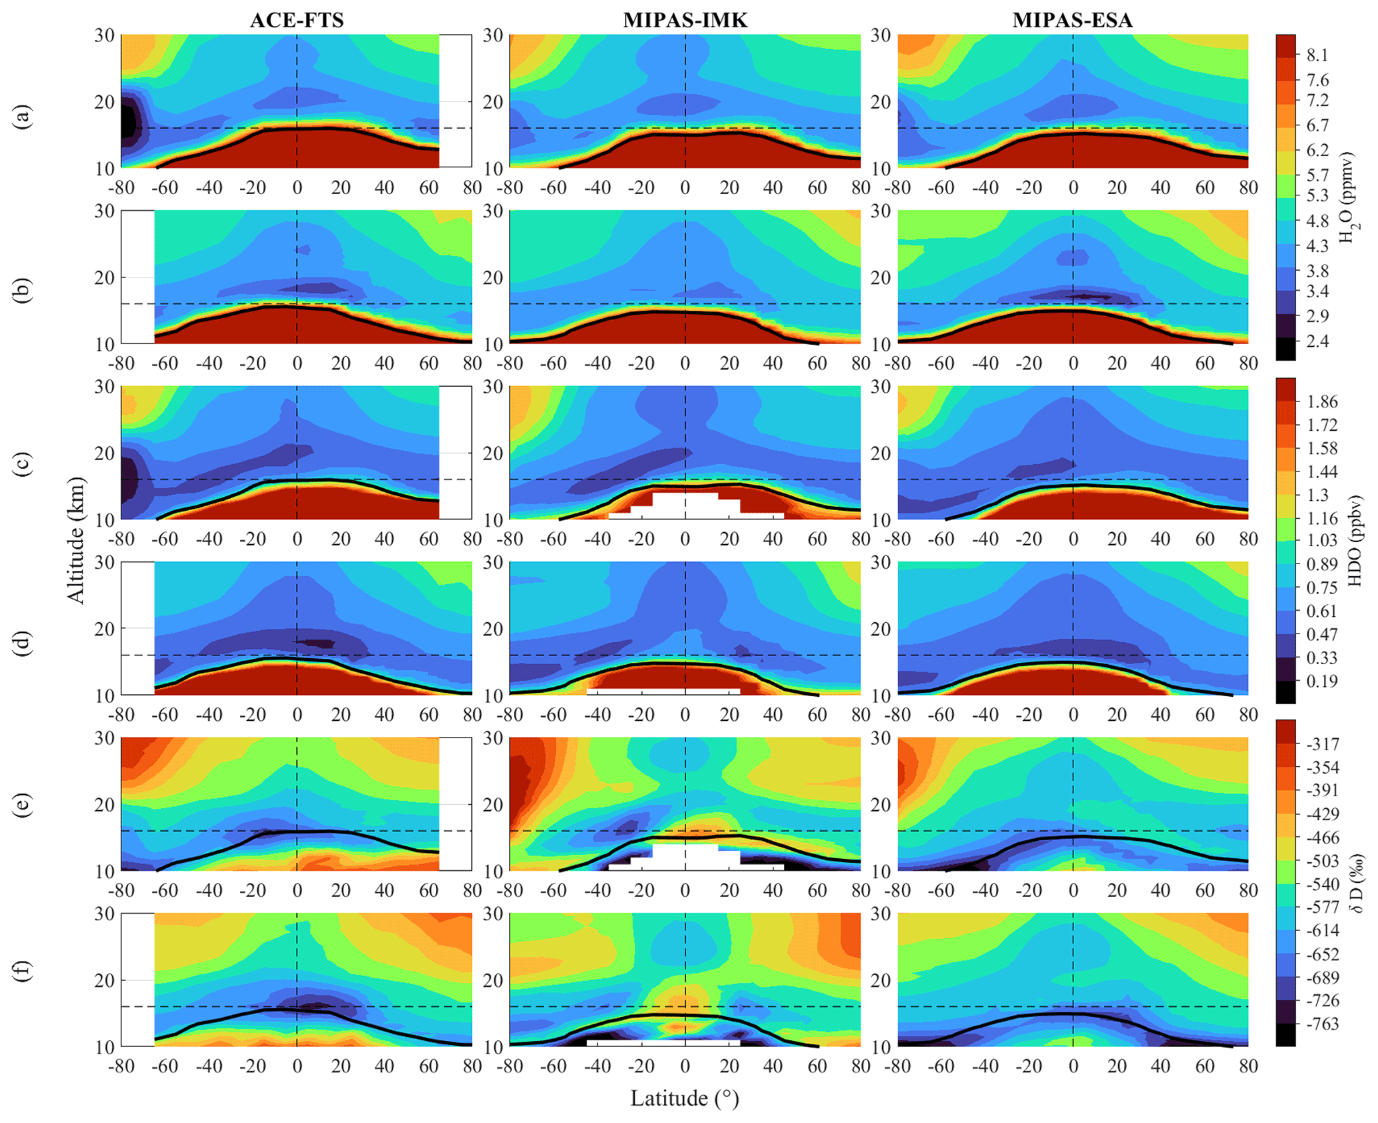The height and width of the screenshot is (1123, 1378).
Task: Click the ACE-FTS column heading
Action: coord(297,20)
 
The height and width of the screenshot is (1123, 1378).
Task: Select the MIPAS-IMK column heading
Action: coord(685,20)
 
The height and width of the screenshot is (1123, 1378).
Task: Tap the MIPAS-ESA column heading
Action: coord(1072,20)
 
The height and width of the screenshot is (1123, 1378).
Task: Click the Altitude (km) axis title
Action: coord(77,540)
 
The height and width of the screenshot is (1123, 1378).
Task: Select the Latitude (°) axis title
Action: coord(685,1098)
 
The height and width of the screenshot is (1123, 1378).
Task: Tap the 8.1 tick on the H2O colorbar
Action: coord(1317,55)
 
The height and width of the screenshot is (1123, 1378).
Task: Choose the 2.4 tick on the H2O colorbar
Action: coord(1317,341)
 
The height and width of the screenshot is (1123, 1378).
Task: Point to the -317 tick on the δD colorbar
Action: coord(1322,744)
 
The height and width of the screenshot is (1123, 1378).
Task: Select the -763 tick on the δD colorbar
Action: coord(1322,1024)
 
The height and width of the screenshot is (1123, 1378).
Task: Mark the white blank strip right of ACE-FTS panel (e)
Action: coord(455,804)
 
